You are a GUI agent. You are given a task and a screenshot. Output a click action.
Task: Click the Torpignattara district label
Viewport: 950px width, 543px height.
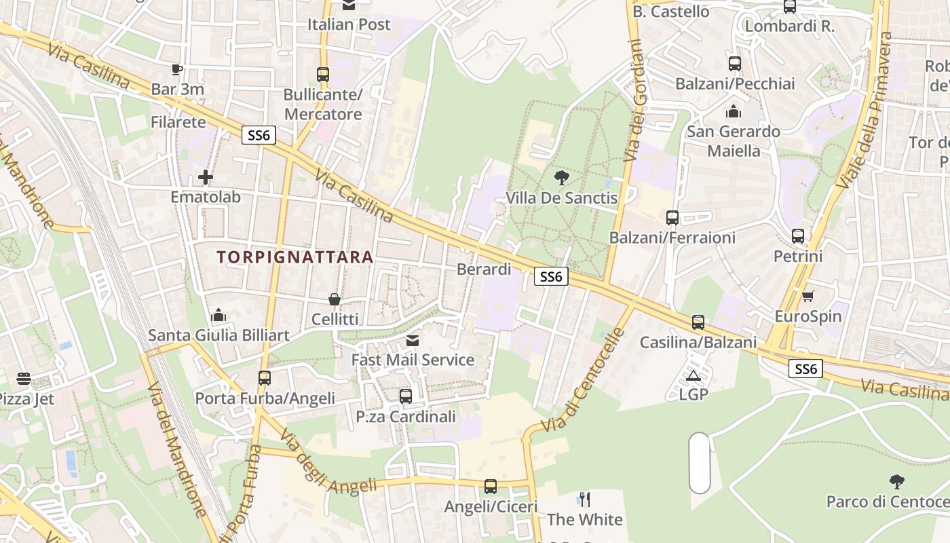tap(295, 257)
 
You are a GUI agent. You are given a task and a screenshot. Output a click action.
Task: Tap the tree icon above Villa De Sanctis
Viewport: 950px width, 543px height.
tap(561, 178)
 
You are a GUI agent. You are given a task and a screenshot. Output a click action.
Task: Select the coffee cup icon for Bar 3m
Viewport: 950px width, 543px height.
tap(177, 69)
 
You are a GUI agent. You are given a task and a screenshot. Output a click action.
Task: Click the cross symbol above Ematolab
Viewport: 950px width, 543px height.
tap(206, 178)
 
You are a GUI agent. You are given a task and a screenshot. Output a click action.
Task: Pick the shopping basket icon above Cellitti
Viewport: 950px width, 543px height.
tap(335, 299)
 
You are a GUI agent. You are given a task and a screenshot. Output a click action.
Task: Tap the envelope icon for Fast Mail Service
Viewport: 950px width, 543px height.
tap(413, 340)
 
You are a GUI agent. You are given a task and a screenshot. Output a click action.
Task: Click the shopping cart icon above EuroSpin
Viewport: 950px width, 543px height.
tap(807, 296)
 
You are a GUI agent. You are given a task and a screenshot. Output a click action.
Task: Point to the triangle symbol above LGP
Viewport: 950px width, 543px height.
tap(693, 375)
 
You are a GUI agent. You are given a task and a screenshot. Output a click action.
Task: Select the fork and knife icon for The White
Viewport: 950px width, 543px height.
tap(584, 500)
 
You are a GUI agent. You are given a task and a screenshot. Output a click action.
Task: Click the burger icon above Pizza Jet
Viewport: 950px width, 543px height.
tap(24, 379)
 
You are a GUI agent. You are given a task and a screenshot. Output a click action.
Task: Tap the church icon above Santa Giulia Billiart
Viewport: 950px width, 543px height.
tap(218, 315)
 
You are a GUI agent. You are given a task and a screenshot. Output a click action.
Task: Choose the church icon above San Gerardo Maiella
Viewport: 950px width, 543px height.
tap(734, 111)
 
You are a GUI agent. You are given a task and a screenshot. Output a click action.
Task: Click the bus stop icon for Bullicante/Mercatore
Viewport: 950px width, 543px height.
tap(323, 75)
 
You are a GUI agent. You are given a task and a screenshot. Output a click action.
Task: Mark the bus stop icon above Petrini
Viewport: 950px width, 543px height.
tap(798, 236)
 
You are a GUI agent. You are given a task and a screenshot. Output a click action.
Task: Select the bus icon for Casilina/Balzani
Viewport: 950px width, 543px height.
tap(698, 322)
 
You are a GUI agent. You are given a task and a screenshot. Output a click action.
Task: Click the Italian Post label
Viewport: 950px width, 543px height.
tap(349, 24)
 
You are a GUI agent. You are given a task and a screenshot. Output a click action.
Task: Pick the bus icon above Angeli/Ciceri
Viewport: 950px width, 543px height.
tap(491, 487)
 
